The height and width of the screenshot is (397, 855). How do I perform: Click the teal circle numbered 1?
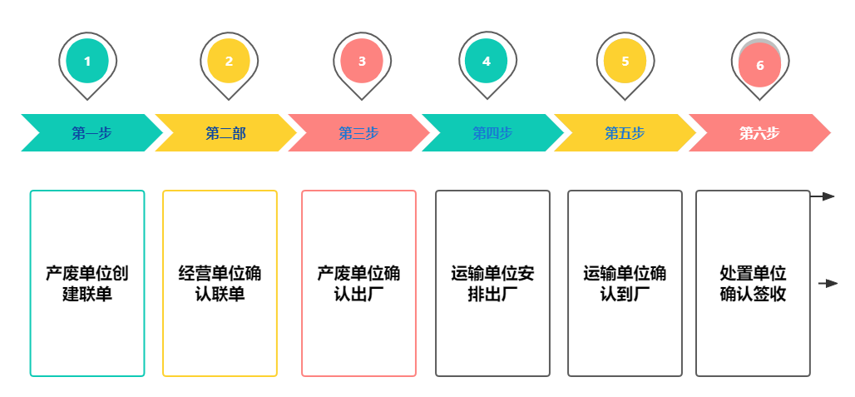pos(87,61)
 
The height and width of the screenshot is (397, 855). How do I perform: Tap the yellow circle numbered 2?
pos(229,61)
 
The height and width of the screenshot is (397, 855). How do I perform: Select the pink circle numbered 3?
pos(362,61)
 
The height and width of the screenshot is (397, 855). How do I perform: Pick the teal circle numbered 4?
pos(487,61)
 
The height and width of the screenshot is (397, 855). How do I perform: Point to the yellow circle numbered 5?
pos(625,61)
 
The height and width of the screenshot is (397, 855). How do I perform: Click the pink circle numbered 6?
pos(759,66)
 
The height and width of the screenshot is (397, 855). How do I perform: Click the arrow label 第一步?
pos(91,133)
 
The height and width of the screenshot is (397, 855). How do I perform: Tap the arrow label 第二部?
pos(225,133)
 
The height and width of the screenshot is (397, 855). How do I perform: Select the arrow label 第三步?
pos(358,133)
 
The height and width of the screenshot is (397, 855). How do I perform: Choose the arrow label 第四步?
pos(492,133)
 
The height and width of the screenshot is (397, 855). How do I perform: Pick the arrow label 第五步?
pos(625,133)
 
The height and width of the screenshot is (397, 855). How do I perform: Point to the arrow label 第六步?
pos(759,133)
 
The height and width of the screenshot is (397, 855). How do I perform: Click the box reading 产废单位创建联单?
pos(87,284)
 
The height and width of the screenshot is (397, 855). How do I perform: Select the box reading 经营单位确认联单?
pos(220,284)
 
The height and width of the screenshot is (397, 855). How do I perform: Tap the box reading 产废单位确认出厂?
pos(358,284)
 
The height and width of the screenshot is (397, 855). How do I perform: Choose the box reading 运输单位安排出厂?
pos(492,284)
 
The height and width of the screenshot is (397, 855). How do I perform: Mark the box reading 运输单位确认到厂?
pos(625,284)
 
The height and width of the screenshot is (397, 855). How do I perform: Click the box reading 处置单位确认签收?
pos(753,284)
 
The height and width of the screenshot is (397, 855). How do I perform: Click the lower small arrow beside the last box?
pos(826,283)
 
